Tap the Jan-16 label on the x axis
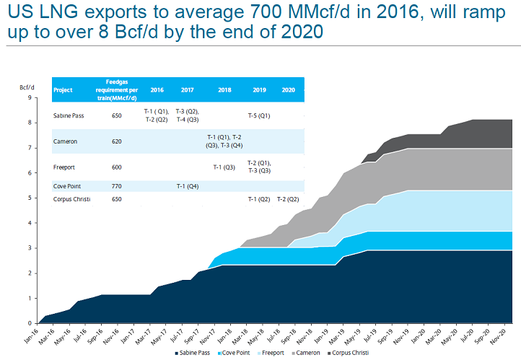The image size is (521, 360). pyautogui.click(x=30, y=335)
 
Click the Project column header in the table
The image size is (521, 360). pyautogui.click(x=63, y=90)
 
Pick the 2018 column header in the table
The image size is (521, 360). pyautogui.click(x=224, y=90)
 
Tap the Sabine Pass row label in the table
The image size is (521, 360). pyautogui.click(x=69, y=115)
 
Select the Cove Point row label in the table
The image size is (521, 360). pyautogui.click(x=67, y=186)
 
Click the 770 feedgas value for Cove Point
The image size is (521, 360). pyautogui.click(x=117, y=186)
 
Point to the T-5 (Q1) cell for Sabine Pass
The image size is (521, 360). pyautogui.click(x=259, y=115)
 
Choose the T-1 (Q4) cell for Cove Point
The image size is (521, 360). pyautogui.click(x=188, y=186)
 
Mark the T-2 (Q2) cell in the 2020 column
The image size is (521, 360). pyautogui.click(x=288, y=198)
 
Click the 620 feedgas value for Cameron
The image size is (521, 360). pyautogui.click(x=117, y=141)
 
